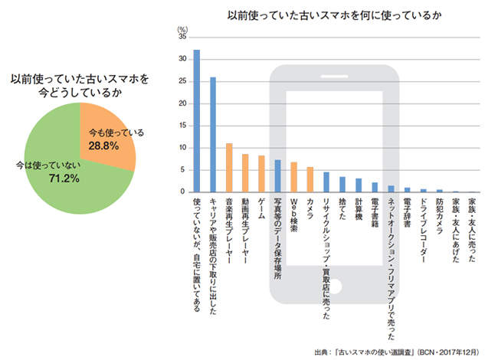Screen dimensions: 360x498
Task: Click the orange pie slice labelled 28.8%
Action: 107,138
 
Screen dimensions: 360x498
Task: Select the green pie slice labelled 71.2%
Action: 61,172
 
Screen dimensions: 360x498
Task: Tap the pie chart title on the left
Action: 80,85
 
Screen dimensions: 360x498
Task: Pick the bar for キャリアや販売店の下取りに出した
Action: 212,134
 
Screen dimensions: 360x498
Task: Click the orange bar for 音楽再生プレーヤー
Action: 228,167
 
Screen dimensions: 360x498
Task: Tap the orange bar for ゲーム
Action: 261,173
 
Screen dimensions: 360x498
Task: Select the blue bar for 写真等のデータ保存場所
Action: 277,175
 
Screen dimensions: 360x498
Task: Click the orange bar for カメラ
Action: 310,179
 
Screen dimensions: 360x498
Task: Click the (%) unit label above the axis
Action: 182,28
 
